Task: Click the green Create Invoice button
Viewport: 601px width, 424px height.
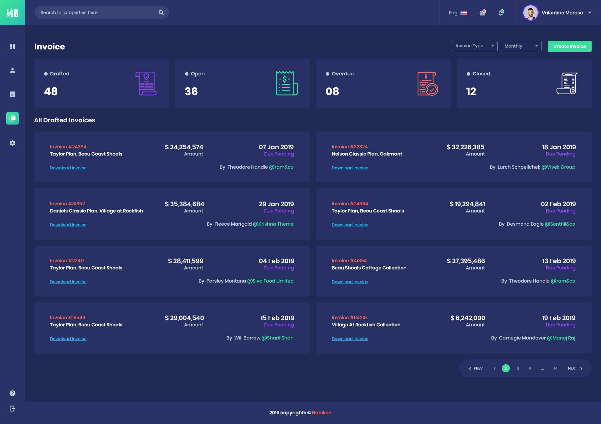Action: pyautogui.click(x=569, y=46)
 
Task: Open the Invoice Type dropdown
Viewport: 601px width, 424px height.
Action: pyautogui.click(x=475, y=46)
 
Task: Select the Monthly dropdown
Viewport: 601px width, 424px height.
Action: pyautogui.click(x=521, y=46)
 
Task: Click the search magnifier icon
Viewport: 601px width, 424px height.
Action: pyautogui.click(x=161, y=13)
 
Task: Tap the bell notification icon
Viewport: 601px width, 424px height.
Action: pyautogui.click(x=501, y=13)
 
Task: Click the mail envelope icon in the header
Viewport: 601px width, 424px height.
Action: pyautogui.click(x=482, y=13)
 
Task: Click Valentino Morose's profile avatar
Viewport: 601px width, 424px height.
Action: pyautogui.click(x=530, y=13)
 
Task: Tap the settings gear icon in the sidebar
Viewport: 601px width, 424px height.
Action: pyautogui.click(x=13, y=143)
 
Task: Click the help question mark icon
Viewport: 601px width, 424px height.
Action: pyautogui.click(x=13, y=393)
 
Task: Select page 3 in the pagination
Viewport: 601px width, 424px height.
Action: pyautogui.click(x=518, y=368)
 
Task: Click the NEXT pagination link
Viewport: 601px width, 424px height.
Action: pyautogui.click(x=575, y=368)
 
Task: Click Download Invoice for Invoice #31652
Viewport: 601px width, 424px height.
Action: pyautogui.click(x=68, y=225)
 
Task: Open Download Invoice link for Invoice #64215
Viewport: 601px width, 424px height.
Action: pyautogui.click(x=350, y=339)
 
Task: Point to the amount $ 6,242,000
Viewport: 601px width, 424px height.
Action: pyautogui.click(x=468, y=318)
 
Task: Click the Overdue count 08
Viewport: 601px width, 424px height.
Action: pyautogui.click(x=332, y=91)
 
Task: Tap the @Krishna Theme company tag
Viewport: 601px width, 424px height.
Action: pyautogui.click(x=273, y=224)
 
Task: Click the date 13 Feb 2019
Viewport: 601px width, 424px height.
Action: pyautogui.click(x=559, y=261)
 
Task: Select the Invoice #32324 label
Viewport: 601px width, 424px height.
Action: pyautogui.click(x=350, y=147)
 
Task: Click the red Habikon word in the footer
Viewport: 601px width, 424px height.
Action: pyautogui.click(x=321, y=413)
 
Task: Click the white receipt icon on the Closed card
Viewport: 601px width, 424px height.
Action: pyautogui.click(x=567, y=83)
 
